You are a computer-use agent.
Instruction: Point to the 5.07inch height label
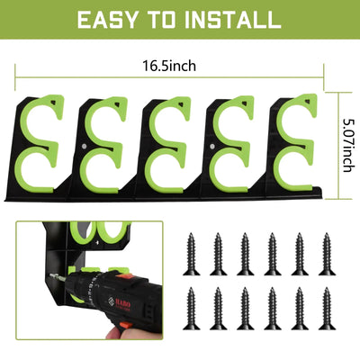[347, 148]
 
